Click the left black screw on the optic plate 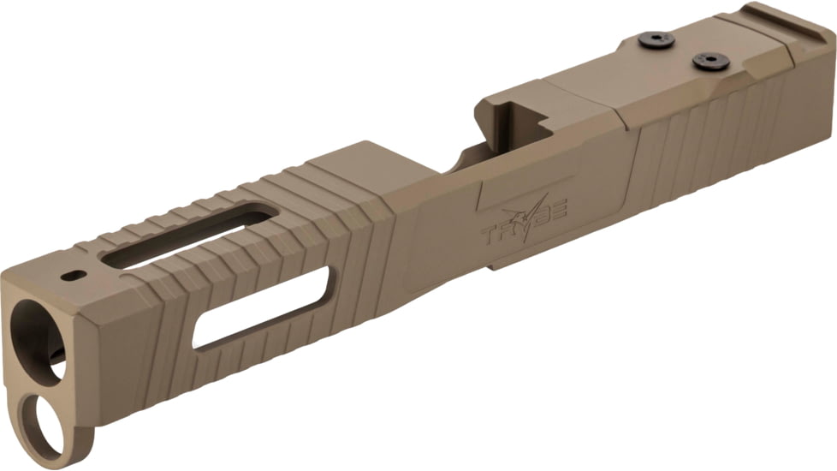tap(656, 39)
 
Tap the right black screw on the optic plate tap(710, 62)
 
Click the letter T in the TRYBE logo tap(490, 234)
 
